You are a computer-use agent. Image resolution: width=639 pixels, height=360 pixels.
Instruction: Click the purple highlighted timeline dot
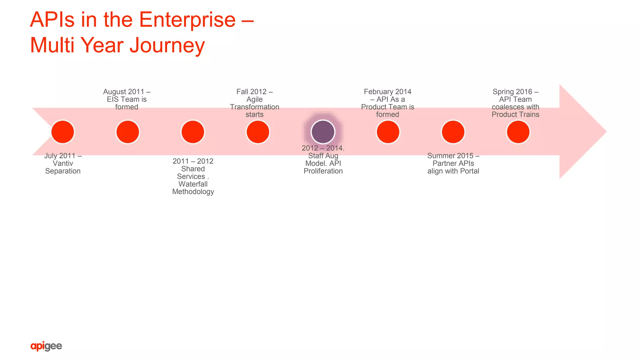coord(323,132)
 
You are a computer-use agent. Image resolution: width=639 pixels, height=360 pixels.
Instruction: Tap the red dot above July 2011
coord(63,132)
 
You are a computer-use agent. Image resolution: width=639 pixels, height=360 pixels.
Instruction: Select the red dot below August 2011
coord(128,132)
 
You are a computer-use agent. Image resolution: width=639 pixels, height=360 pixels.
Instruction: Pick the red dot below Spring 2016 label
coord(518,132)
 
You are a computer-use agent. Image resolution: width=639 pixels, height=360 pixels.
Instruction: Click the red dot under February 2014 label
coord(388,132)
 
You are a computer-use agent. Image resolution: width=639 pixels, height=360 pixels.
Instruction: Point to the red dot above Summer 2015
coord(453,132)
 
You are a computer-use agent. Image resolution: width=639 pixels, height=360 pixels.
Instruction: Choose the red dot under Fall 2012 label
coord(258,132)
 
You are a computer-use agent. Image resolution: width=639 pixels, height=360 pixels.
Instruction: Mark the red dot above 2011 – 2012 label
coord(193,132)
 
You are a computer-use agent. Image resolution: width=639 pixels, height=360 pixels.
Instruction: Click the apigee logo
coord(46,346)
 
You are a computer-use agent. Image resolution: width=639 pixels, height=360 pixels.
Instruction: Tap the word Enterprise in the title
coord(187,20)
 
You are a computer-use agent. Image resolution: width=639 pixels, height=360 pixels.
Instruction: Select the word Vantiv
coord(63,163)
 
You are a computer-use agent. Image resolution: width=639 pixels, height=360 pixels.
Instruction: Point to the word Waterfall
coord(193,184)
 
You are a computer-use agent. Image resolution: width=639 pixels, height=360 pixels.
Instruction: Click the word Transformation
coord(255,107)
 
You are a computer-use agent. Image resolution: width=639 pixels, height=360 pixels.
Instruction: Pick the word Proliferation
coord(323,171)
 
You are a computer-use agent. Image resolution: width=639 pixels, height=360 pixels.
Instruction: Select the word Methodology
coord(193,192)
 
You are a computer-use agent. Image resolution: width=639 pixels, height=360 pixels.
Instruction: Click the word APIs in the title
coord(52,20)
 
